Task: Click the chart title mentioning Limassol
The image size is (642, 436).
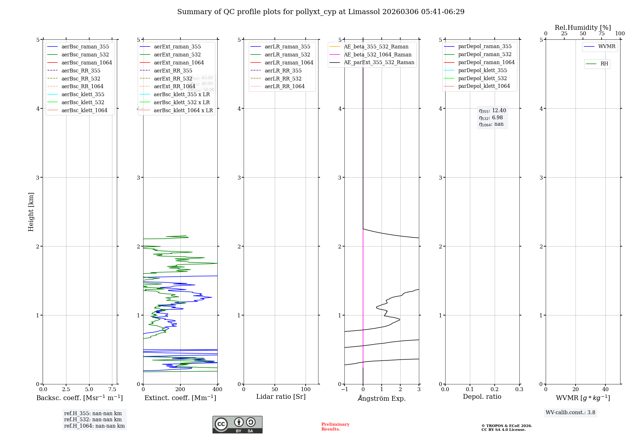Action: coord(321,12)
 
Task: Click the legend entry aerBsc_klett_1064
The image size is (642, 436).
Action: coord(84,110)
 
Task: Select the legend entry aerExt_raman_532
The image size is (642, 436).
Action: coord(177,55)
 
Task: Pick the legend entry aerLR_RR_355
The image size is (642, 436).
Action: coord(283,71)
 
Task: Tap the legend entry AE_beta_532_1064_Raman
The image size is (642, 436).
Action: coord(377,55)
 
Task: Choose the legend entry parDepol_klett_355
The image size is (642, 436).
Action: coord(482,70)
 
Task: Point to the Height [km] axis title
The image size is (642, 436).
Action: coord(31,212)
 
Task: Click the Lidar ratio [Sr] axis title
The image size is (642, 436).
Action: coord(281,397)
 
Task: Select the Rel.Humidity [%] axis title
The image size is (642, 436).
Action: coord(583,28)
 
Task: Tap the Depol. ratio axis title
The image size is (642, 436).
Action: coord(482,397)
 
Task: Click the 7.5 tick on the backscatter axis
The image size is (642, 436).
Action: coord(112,389)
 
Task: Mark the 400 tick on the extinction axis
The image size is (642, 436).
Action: coord(217,389)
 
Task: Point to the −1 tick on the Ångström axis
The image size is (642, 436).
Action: coord(344,389)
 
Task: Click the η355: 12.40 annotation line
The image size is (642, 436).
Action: coord(492,111)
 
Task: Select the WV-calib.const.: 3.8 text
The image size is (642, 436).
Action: coord(570,413)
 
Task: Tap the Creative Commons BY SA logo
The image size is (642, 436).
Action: coord(237,424)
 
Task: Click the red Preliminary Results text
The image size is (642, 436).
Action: coord(335,426)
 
